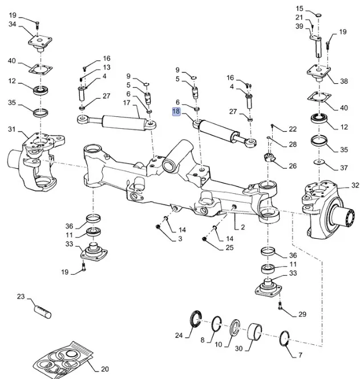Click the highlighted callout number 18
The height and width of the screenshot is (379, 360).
click(x=176, y=113)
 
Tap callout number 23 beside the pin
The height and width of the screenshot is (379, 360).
click(x=21, y=296)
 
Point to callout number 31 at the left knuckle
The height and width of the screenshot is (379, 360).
click(x=12, y=129)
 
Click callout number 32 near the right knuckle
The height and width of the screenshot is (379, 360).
click(x=355, y=185)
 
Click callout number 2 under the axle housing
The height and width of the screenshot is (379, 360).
click(x=242, y=227)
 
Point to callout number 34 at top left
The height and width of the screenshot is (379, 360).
click(x=13, y=24)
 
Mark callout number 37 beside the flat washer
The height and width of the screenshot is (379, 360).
click(x=343, y=168)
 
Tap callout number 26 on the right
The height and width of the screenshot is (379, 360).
click(x=293, y=166)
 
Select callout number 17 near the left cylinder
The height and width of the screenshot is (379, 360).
click(x=127, y=103)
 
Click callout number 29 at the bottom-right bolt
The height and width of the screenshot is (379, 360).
click(x=302, y=314)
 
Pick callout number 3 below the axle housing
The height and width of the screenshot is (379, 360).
click(x=180, y=238)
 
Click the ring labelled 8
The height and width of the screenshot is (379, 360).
click(x=217, y=324)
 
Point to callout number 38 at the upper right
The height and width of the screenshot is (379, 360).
click(x=343, y=81)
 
